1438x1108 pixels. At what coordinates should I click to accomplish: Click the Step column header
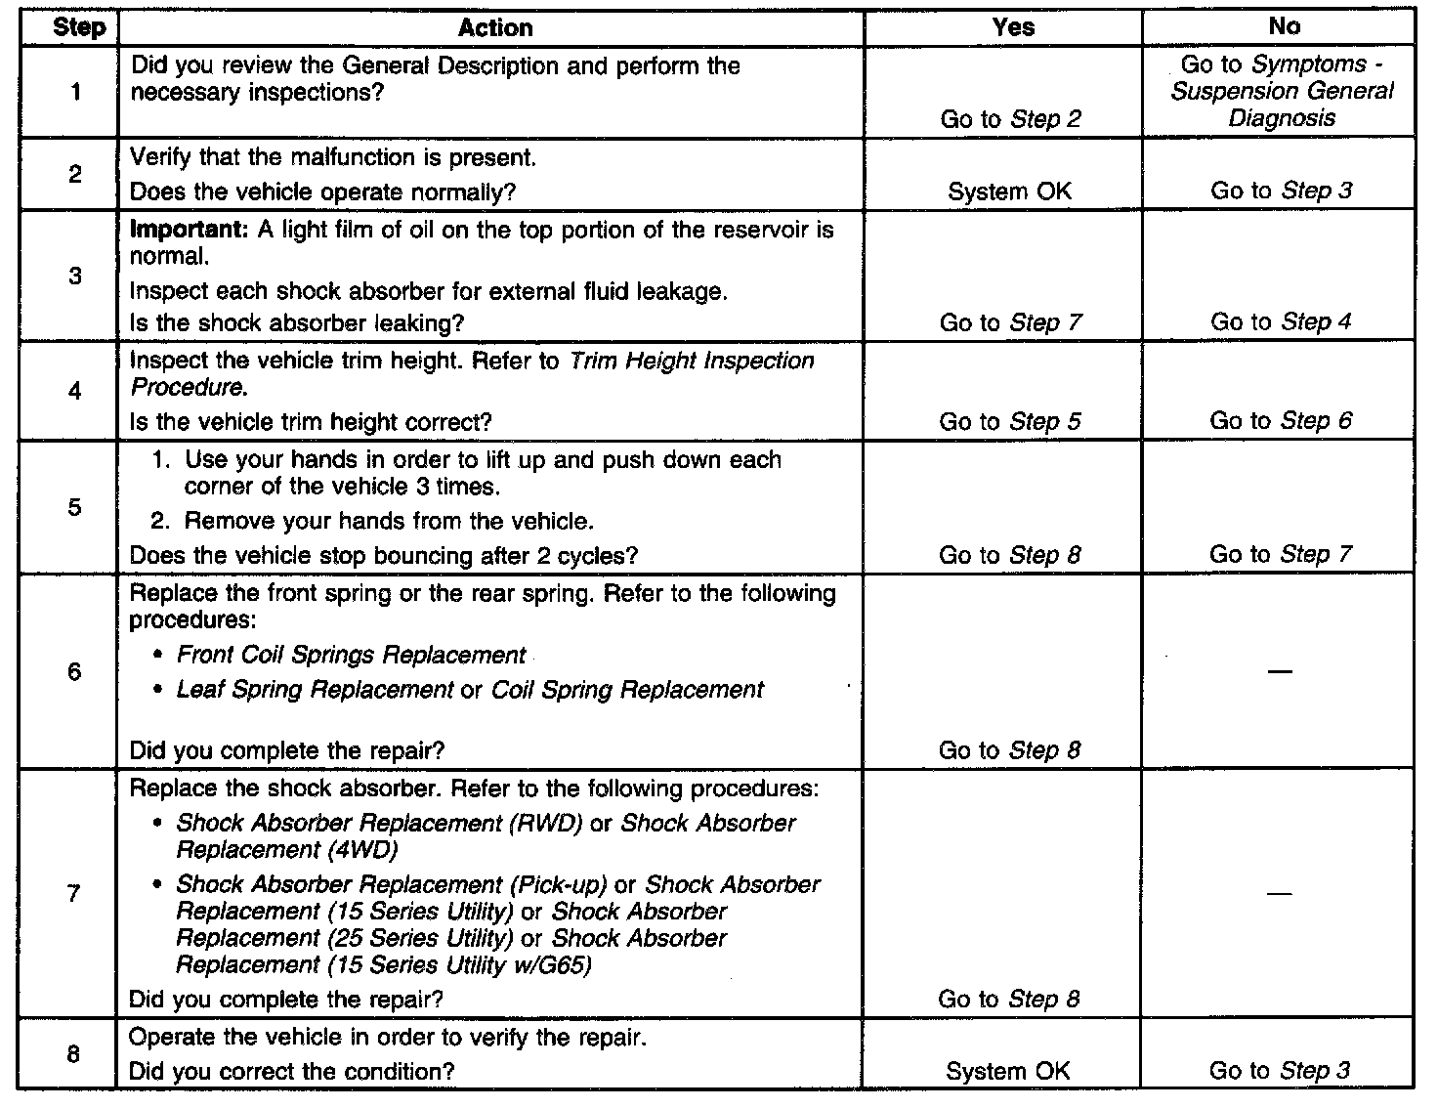79,27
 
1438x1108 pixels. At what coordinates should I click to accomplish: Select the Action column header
495,28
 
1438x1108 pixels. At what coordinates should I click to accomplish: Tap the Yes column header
1012,27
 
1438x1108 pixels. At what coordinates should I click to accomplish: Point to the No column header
1284,27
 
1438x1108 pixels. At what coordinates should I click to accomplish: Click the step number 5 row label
75,507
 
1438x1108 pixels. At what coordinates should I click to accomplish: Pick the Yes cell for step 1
1010,119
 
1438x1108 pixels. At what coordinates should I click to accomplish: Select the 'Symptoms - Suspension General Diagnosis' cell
1282,92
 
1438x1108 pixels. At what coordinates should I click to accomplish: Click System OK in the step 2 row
1009,192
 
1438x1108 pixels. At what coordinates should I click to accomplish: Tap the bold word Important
190,230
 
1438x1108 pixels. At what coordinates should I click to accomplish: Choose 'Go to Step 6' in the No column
1281,421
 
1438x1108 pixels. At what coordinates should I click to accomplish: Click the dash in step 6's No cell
1281,672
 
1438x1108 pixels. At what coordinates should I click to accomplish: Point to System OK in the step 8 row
1008,1071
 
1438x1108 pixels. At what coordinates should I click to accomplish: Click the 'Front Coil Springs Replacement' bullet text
351,655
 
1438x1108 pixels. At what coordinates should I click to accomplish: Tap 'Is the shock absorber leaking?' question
297,322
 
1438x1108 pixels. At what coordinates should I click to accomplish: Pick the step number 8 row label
75,1054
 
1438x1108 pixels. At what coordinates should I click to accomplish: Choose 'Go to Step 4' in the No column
1281,322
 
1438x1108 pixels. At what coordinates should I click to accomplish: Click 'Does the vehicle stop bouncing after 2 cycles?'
383,556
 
